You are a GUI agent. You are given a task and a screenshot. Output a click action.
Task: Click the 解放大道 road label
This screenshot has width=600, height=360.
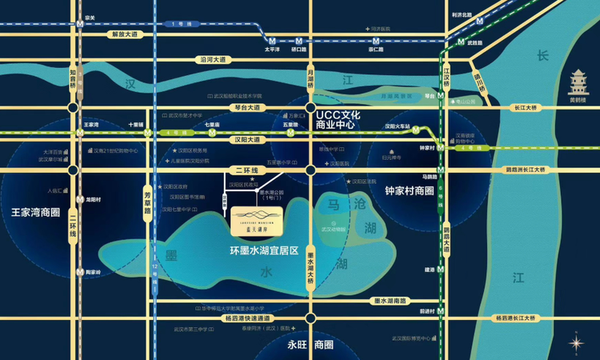click(x=125, y=34)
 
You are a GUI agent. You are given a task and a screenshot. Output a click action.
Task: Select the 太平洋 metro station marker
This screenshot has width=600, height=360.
click(x=273, y=41)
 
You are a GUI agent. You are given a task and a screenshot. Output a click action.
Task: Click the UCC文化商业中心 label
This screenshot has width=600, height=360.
click(x=340, y=121)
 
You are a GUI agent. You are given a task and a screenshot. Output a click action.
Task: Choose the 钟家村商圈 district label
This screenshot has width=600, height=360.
click(x=409, y=191)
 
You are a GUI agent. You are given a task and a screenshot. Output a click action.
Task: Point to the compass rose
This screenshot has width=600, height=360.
click(x=577, y=342)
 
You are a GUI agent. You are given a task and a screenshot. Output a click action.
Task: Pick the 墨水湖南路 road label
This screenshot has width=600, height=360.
click(x=393, y=301)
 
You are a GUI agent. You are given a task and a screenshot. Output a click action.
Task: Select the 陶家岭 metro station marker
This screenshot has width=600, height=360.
click(x=80, y=271)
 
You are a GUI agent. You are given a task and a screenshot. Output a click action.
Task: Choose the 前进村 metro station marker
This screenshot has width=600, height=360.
click(x=439, y=310)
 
